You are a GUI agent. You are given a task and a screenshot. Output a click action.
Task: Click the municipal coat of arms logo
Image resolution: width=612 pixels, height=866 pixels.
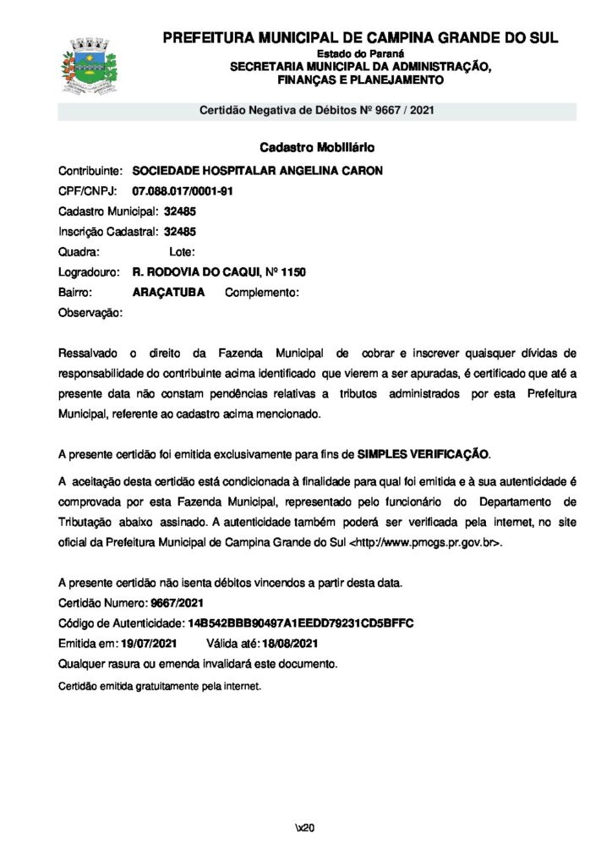[x=89, y=64]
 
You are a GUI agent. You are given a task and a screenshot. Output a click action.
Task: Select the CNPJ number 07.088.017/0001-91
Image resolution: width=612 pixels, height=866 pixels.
[x=183, y=191]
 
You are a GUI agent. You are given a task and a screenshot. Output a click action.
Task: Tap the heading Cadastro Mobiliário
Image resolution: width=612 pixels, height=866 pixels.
[x=317, y=147]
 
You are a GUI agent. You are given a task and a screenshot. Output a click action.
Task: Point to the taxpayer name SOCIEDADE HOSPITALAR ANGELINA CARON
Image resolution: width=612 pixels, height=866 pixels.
[x=258, y=171]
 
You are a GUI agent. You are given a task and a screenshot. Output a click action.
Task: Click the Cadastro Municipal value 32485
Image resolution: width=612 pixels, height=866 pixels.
[x=180, y=211]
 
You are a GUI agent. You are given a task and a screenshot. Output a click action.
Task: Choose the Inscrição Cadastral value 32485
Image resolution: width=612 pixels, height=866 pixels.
[x=180, y=232]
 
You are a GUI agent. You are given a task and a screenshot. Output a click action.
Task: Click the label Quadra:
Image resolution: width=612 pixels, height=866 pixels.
[x=79, y=252]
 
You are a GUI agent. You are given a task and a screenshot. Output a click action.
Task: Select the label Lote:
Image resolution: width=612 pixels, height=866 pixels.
[x=183, y=252]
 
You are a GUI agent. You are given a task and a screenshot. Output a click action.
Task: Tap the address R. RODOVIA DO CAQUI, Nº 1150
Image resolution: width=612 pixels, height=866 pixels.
[x=220, y=272]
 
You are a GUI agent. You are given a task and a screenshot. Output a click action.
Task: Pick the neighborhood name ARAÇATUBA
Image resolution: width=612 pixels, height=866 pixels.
[x=169, y=293]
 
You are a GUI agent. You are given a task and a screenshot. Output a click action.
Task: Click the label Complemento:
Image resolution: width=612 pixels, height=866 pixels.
[x=262, y=293]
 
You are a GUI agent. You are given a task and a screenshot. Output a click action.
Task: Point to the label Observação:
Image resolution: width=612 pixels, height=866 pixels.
[x=90, y=313]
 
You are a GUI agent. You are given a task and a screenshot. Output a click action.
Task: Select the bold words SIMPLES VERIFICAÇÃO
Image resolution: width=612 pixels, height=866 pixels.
[x=423, y=454]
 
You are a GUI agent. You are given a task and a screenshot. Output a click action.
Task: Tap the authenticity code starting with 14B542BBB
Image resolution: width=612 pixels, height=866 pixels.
[x=300, y=623]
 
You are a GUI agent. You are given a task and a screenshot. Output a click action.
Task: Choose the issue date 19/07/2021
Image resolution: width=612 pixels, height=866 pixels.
[x=149, y=644]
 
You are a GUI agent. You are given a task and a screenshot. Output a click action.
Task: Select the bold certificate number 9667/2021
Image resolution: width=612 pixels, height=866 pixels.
[x=177, y=603]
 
